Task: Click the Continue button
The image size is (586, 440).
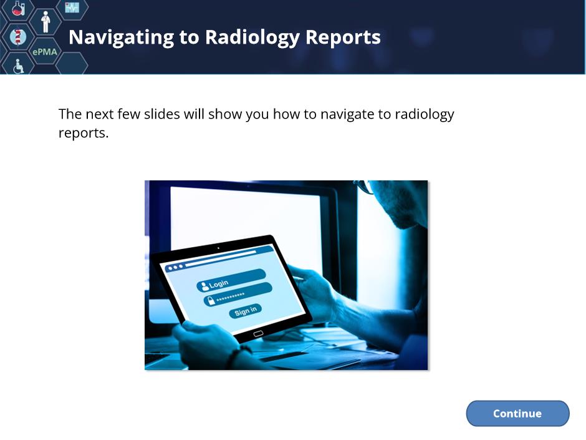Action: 517,413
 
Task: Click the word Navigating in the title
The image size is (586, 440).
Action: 122,38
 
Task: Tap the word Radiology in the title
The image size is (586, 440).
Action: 252,38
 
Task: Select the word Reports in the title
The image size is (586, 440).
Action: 343,38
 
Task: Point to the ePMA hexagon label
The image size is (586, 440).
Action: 45,52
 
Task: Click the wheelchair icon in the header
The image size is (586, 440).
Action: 18,66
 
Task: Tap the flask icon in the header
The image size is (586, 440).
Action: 17,7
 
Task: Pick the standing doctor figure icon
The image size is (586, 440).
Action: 46,22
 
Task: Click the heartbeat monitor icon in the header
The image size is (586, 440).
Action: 72,7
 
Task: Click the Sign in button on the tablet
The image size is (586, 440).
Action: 245,311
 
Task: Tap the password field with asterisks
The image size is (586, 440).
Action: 238,295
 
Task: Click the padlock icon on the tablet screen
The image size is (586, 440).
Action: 211,300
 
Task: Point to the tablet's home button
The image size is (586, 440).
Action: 258,334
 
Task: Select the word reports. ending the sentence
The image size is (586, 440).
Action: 84,134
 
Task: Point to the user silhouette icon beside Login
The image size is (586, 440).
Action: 205,286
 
